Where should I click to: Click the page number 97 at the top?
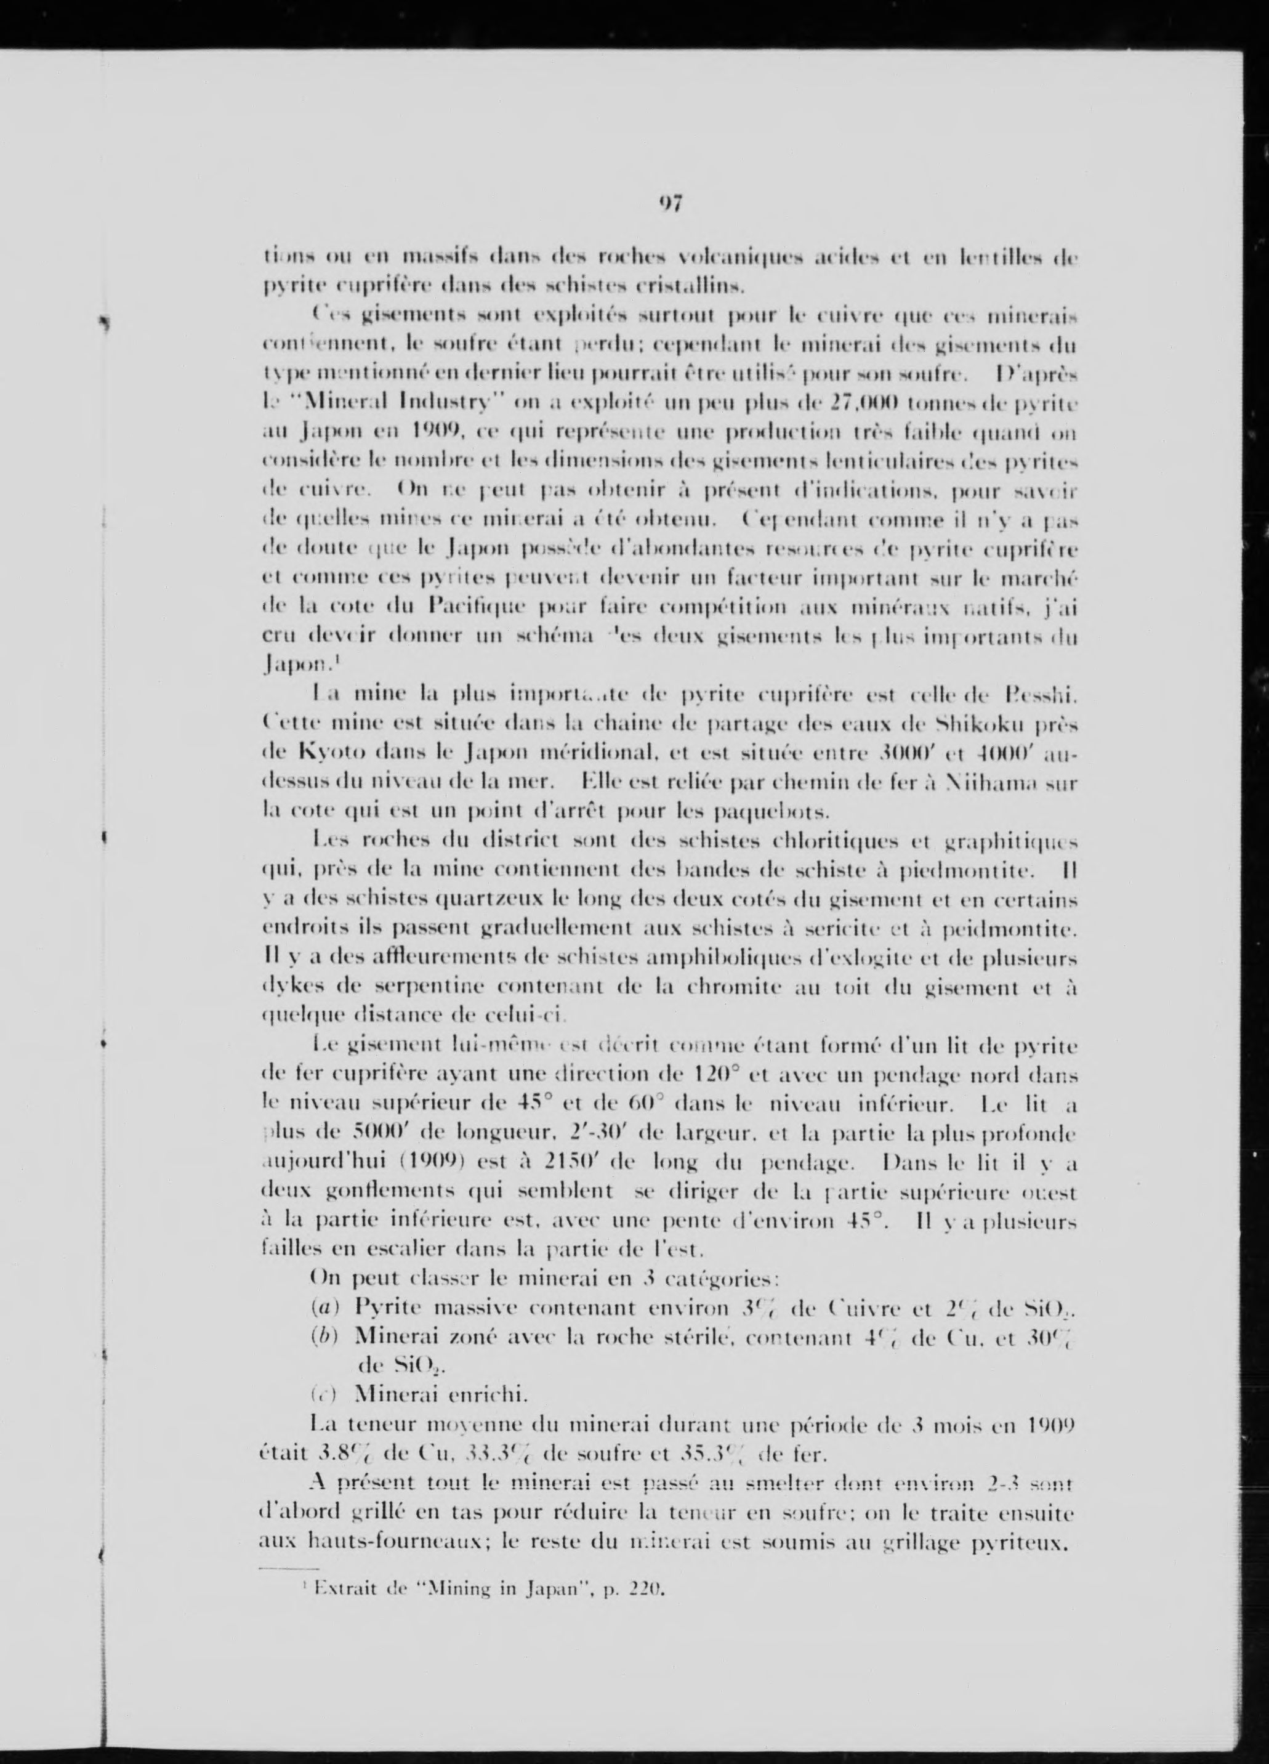click(671, 204)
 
